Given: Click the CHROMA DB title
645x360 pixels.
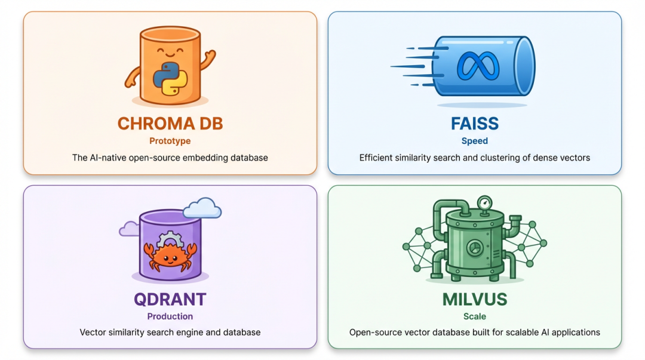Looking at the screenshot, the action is tap(170, 124).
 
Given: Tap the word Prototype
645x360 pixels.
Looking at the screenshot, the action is tap(170, 141).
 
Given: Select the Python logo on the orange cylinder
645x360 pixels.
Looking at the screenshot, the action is tap(170, 78).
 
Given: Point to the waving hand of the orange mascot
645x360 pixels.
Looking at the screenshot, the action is tap(208, 59).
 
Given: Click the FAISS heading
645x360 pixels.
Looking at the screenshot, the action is tap(474, 124).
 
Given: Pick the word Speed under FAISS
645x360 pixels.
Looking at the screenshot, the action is tap(474, 141).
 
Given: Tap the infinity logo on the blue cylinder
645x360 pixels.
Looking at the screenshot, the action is tap(477, 66).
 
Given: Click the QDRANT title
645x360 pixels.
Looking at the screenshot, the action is tap(170, 299).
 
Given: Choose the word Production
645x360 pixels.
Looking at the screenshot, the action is tap(170, 316).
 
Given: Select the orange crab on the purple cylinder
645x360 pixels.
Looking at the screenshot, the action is tap(170, 256).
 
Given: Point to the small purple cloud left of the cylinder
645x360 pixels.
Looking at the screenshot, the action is tap(129, 229).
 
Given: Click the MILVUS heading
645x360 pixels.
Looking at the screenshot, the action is tap(474, 299).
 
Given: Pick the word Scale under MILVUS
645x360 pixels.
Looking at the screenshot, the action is tap(474, 316).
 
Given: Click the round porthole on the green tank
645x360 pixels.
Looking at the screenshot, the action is tap(473, 247).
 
